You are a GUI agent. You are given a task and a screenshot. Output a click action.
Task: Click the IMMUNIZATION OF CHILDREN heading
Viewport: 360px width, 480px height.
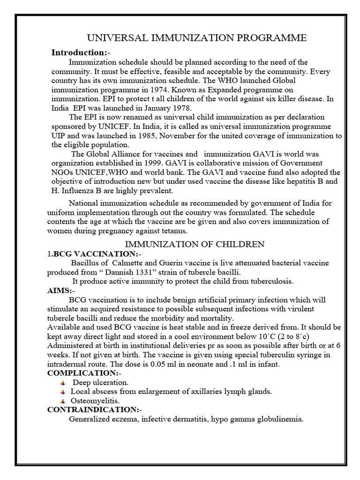194,244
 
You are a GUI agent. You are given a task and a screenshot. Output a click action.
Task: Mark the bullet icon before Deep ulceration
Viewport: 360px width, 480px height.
63,383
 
